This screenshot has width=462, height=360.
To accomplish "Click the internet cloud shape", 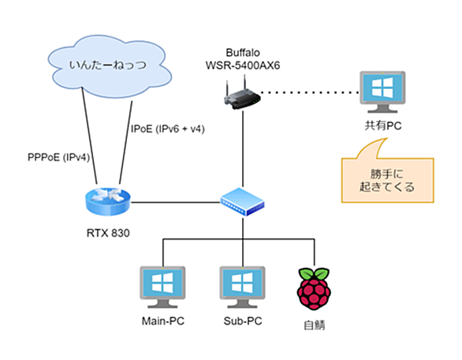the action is (x=109, y=66).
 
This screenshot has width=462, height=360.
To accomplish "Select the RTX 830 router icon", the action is (x=107, y=201).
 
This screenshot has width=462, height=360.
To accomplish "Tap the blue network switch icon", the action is (x=242, y=202).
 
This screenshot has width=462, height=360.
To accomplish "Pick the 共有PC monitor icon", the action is (x=382, y=92).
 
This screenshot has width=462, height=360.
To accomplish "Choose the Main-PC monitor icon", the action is (x=162, y=287).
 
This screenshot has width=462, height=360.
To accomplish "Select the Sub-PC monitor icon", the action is (x=242, y=287).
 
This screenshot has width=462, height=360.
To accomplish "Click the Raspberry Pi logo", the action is (x=314, y=288).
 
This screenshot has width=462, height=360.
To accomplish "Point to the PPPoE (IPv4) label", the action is (x=58, y=158).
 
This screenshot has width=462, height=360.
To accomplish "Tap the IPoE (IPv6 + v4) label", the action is (x=168, y=129).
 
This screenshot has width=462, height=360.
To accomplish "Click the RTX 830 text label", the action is (x=108, y=233).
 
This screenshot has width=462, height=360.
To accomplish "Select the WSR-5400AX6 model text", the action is (x=243, y=65).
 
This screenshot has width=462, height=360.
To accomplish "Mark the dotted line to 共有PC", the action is (x=310, y=92).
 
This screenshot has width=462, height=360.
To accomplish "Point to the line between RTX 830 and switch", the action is (x=176, y=202).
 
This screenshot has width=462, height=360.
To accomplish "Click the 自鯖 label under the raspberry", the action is (x=315, y=325).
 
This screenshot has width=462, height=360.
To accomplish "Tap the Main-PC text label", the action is (x=163, y=321).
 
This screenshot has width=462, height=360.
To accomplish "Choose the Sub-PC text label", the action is (x=243, y=321).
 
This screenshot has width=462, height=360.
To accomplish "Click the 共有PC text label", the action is (x=383, y=126).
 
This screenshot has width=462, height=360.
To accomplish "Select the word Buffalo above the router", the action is (x=243, y=53).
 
